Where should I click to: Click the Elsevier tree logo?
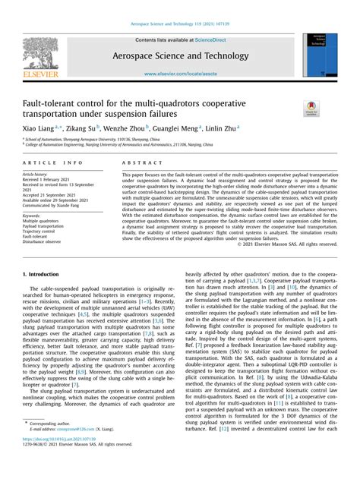(38, 58)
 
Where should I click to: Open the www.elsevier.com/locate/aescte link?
(181, 75)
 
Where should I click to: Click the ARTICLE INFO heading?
(53, 162)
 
